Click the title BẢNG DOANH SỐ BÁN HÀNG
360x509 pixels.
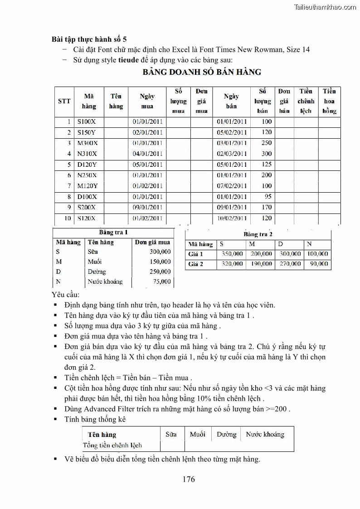[x=202, y=72]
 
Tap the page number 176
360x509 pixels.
[x=189, y=479]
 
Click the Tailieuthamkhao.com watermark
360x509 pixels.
[x=325, y=7]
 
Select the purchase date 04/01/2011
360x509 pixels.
[x=147, y=154]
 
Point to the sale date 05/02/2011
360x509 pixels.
[x=232, y=132]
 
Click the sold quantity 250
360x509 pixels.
[x=267, y=143]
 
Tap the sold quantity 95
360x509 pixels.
[x=268, y=197]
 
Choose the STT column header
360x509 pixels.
[x=64, y=101]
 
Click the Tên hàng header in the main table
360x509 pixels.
[x=116, y=101]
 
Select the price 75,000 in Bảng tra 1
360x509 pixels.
[x=162, y=281]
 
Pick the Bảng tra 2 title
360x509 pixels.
[x=258, y=234]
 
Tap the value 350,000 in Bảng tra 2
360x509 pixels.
[x=232, y=254]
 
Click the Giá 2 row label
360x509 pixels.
[x=196, y=264]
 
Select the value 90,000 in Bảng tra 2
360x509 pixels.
[x=319, y=264]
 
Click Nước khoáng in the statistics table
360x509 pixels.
[x=265, y=434]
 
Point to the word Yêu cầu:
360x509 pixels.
[x=66, y=295]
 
